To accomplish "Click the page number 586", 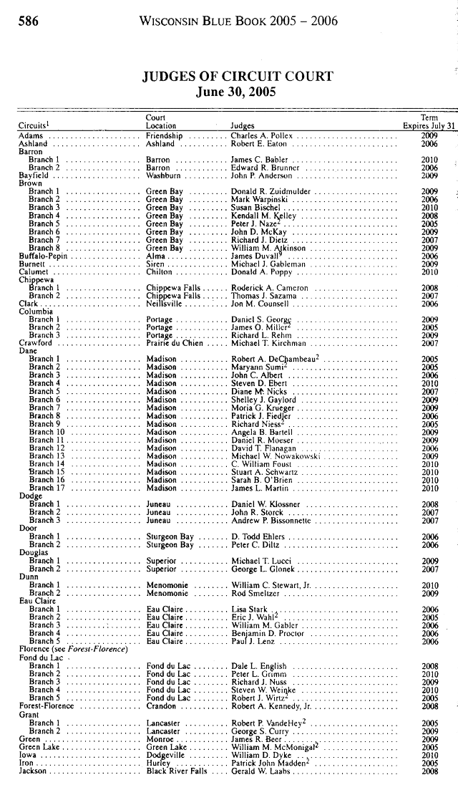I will pos(28,21).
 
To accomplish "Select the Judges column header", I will pos(243,126).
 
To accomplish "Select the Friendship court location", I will pos(164,135).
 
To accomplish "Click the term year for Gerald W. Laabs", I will pos(429,771).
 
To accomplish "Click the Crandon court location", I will pos(161,706).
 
